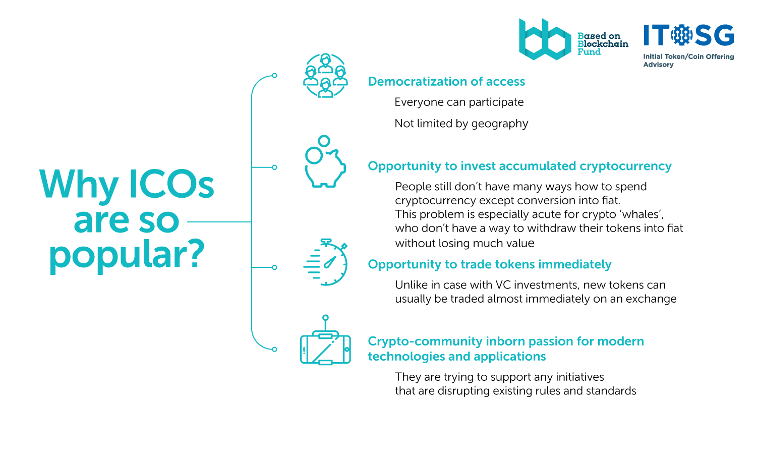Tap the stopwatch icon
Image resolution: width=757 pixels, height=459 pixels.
(x=325, y=262)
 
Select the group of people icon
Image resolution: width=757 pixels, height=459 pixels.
(x=325, y=75)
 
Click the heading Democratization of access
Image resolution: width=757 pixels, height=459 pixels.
(x=446, y=81)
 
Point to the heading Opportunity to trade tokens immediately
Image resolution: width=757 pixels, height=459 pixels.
(x=489, y=264)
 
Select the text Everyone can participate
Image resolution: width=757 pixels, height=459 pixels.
(x=459, y=102)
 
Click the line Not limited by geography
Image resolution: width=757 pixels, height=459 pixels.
(x=461, y=124)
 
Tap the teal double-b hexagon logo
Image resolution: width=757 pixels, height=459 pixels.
(x=545, y=39)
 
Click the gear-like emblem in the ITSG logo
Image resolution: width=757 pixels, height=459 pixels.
(x=681, y=35)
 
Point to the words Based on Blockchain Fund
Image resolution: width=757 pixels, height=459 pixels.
(x=603, y=43)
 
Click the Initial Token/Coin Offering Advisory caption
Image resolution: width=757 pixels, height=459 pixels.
(x=688, y=61)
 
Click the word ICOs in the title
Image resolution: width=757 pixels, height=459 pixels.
(x=171, y=184)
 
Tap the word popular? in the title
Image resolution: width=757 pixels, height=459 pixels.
(x=127, y=256)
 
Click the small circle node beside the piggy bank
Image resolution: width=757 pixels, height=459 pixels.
(x=274, y=167)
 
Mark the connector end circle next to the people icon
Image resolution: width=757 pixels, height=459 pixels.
(x=274, y=75)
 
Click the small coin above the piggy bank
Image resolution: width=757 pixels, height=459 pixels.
(x=324, y=141)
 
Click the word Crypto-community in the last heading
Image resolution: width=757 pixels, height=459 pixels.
(x=425, y=341)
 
